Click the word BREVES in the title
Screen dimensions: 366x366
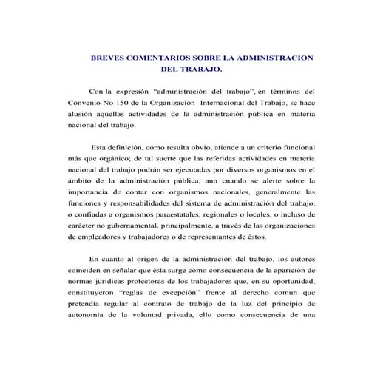pyautogui.click(x=106, y=57)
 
